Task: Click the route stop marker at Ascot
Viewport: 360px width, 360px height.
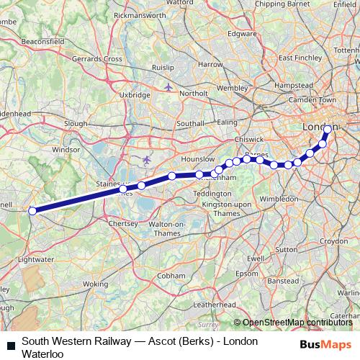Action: pyautogui.click(x=32, y=211)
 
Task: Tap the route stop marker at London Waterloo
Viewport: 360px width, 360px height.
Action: pyautogui.click(x=328, y=130)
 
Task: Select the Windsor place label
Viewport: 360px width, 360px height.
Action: pyautogui.click(x=65, y=150)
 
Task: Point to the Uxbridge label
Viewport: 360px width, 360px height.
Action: pyautogui.click(x=135, y=94)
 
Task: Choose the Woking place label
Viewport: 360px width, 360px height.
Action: pyautogui.click(x=94, y=284)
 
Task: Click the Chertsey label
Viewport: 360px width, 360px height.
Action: pyautogui.click(x=122, y=224)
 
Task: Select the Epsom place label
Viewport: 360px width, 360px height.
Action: pyautogui.click(x=248, y=274)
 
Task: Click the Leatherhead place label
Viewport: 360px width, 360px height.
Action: pyautogui.click(x=215, y=305)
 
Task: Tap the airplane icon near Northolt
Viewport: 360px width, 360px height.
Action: pyautogui.click(x=168, y=88)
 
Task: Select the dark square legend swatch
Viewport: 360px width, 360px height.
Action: pyautogui.click(x=10, y=346)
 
